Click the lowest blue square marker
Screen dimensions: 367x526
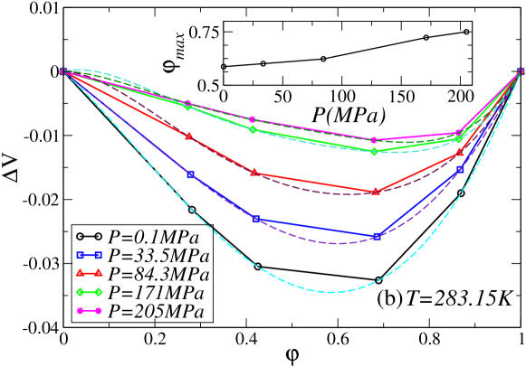[377, 237]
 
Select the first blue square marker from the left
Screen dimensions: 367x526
[190, 174]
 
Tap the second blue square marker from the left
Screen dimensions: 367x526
[257, 219]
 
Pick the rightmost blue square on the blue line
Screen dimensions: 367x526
[460, 169]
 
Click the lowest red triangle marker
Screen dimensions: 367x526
[376, 191]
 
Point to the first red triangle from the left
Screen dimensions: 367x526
[189, 136]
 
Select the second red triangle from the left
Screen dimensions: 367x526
[254, 172]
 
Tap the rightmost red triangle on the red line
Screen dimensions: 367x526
[460, 152]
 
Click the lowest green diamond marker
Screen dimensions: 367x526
[374, 151]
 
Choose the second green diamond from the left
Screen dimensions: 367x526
[253, 130]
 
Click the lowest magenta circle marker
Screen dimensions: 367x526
[373, 140]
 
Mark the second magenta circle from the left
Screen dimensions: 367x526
[253, 119]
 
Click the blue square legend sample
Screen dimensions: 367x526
[89, 256]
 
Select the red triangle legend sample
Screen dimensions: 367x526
[89, 272]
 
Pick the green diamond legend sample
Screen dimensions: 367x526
[89, 292]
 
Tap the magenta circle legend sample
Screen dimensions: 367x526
[89, 310]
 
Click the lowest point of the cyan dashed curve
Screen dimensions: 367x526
[330, 292]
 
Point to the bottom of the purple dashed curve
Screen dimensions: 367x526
[338, 243]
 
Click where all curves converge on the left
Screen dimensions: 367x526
[62, 71]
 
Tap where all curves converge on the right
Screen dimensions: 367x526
[521, 71]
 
